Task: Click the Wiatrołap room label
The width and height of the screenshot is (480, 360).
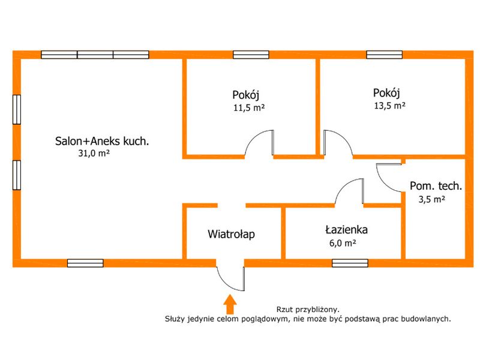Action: (231, 234)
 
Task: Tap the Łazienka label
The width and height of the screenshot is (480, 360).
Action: (346, 230)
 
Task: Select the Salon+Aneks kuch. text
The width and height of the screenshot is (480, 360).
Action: (102, 141)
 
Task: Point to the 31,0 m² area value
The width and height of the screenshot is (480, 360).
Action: (94, 153)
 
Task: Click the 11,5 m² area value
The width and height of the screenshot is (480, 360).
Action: (249, 108)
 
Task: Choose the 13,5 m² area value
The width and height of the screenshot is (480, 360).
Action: (389, 106)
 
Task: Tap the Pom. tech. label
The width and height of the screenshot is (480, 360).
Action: (436, 186)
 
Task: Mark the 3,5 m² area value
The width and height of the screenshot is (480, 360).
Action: (431, 199)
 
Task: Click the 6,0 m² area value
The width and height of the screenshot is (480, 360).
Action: (343, 243)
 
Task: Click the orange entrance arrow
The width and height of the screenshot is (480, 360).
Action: (230, 304)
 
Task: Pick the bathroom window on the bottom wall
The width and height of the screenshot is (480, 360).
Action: (350, 263)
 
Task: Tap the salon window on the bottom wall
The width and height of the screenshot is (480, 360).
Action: (85, 263)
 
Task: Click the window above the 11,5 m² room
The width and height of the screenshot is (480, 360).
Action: (251, 55)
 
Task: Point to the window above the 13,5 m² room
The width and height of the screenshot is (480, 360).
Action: (385, 55)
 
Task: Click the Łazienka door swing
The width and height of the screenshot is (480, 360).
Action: (349, 191)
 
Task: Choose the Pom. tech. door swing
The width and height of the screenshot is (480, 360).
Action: (389, 178)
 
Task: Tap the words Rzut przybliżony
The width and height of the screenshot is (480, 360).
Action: (308, 310)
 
